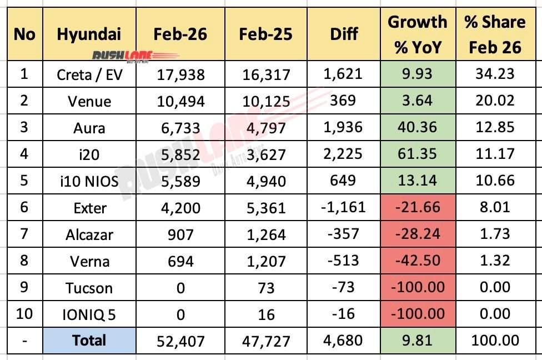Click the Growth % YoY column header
click(417, 34)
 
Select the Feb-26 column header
click(180, 34)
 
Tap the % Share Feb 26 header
click(495, 34)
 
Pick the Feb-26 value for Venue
click(180, 101)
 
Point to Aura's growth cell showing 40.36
click(417, 128)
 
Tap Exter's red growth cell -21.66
click(417, 208)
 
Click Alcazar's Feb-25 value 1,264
click(266, 234)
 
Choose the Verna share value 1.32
click(495, 261)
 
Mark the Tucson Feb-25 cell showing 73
click(266, 288)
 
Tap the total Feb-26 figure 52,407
click(180, 340)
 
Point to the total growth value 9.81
click(417, 340)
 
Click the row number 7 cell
click(24, 234)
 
